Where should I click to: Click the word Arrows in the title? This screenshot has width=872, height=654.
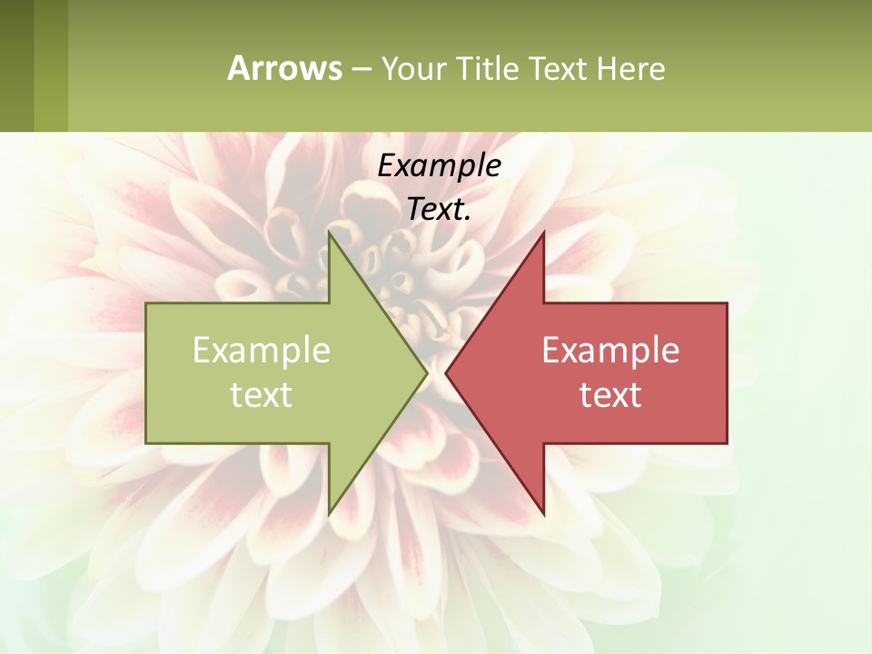[x=284, y=68]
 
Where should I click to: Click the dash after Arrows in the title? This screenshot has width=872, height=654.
[x=361, y=70]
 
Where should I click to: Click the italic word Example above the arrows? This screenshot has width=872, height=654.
[x=439, y=166]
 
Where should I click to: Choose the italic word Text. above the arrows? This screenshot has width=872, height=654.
[x=439, y=210]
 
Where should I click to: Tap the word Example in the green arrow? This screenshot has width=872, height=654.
[x=261, y=351]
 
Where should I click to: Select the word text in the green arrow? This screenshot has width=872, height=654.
[x=261, y=395]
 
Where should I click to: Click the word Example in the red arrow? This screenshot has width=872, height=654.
[x=610, y=351]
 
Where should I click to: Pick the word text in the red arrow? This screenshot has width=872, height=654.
[x=610, y=395]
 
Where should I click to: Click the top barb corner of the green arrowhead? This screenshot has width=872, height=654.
[x=330, y=233]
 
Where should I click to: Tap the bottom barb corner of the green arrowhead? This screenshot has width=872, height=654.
[x=330, y=513]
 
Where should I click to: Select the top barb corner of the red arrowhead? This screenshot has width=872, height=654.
[x=543, y=233]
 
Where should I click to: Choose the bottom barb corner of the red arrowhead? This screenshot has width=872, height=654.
[x=543, y=513]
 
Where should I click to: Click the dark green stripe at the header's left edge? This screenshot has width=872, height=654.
[x=16, y=65]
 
